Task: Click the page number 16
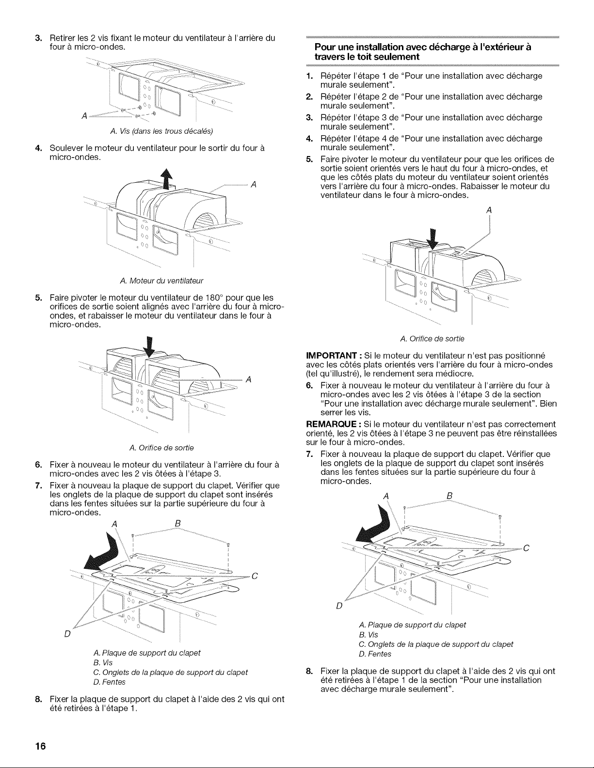(x=41, y=746)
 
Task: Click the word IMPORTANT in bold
(x=334, y=355)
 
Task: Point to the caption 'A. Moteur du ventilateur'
(x=161, y=281)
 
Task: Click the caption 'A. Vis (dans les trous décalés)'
(x=161, y=131)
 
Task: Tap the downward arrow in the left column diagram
(x=149, y=347)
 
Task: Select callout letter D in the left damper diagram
(x=67, y=633)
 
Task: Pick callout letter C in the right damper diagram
(x=526, y=548)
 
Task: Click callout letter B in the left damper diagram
(x=178, y=523)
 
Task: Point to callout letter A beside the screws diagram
(x=84, y=116)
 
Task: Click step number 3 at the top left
(x=38, y=38)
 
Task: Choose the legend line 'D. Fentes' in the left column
(x=110, y=682)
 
